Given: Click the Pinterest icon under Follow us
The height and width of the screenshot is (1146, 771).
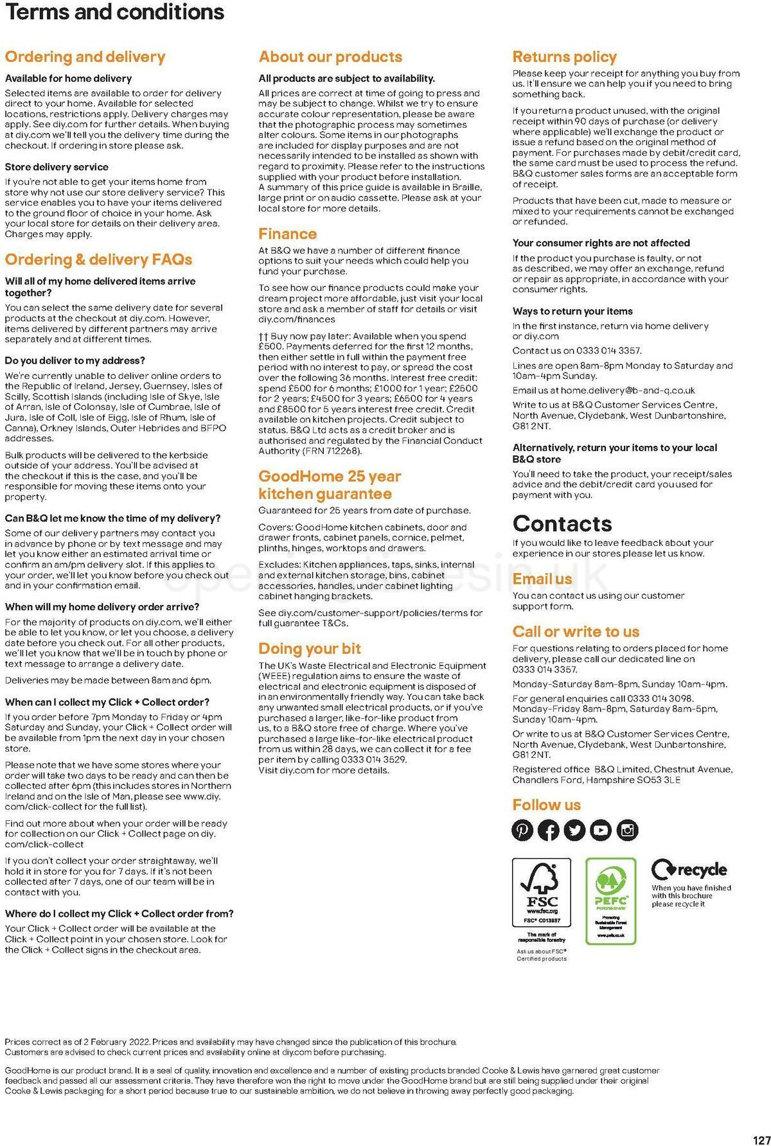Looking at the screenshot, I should (522, 830).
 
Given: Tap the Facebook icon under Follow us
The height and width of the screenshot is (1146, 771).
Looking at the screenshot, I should (549, 830).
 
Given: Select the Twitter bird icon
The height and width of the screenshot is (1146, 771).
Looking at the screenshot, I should (575, 830).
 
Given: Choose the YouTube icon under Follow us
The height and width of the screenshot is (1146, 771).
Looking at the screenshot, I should (601, 830).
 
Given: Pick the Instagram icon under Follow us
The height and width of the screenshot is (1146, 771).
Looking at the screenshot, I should (628, 830).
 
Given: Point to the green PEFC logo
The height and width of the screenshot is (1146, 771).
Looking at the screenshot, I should (610, 901).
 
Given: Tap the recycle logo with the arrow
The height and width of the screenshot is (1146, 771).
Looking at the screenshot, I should (689, 870).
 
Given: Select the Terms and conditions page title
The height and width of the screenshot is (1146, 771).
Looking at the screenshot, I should (114, 12).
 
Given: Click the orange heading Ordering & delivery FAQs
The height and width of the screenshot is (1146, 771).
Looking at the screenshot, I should (98, 260).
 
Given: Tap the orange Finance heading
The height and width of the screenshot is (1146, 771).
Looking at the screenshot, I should (287, 234).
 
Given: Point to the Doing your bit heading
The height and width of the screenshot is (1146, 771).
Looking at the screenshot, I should (309, 648).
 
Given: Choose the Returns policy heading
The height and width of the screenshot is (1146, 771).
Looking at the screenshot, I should (564, 57).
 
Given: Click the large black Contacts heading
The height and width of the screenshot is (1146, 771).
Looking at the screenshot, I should (562, 524).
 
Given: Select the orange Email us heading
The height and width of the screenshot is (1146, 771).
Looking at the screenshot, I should (542, 579).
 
